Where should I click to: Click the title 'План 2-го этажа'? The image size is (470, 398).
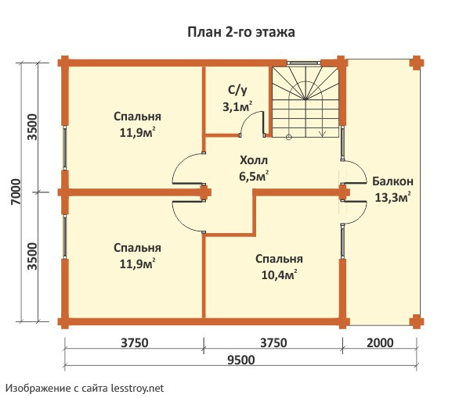coord(240,32)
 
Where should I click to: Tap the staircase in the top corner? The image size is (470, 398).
coord(305,101)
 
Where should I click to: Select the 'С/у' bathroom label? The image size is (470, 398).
coord(240,90)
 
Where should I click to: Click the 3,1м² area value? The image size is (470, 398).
coord(237,106)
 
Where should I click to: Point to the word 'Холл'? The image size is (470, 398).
coord(254,161)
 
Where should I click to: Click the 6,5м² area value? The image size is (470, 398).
coord(254,177)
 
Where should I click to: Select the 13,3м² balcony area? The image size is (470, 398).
coord(393,198)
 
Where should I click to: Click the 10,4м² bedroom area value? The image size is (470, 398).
coord(279,274)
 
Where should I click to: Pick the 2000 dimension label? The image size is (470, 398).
coord(378,342)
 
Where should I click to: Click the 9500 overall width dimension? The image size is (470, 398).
coord(240,360)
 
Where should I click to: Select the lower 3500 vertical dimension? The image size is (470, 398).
coord(32,257)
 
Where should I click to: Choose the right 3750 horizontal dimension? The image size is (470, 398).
coord(273,342)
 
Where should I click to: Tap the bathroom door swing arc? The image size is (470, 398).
coord(253,122)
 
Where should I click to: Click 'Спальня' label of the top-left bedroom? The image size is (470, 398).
coord(132,117)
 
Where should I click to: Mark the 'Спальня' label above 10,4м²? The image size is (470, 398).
coord(279,259)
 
